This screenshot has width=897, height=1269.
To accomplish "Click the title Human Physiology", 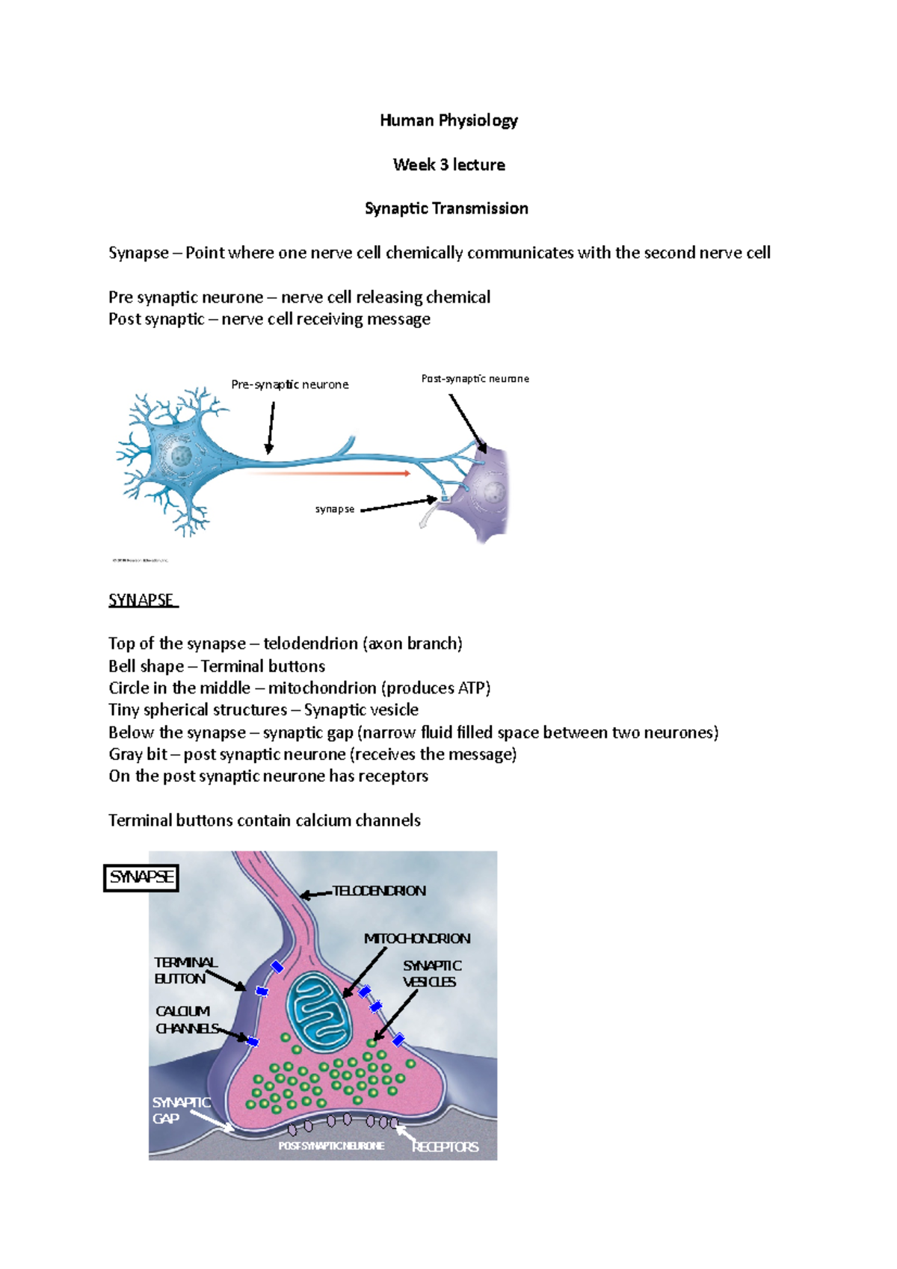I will click(x=449, y=120).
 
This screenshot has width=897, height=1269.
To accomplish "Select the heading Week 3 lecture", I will click(x=449, y=164).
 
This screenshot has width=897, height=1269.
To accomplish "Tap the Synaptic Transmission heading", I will click(x=446, y=209).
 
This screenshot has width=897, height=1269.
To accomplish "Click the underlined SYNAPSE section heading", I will click(x=141, y=600).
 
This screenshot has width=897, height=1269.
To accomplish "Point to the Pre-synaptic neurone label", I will click(x=290, y=385).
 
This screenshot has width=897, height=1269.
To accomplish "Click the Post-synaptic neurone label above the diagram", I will click(x=475, y=379).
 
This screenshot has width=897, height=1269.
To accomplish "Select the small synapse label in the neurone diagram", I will click(x=335, y=509).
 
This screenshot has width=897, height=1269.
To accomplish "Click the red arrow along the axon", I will click(x=329, y=473).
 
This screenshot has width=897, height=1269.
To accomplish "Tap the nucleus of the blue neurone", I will click(x=180, y=456).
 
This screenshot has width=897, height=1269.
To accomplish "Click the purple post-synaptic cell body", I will click(x=490, y=493).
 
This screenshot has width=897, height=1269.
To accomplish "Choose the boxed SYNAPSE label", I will click(x=141, y=877).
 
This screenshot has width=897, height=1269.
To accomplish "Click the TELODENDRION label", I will click(x=379, y=891).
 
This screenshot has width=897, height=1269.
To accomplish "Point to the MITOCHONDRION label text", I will click(x=417, y=939).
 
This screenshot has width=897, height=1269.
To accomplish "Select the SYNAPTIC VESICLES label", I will click(x=431, y=974).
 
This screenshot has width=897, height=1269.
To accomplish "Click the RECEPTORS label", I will click(x=446, y=1146).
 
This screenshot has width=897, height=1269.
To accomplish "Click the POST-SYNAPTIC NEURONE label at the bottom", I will click(x=331, y=1146).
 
